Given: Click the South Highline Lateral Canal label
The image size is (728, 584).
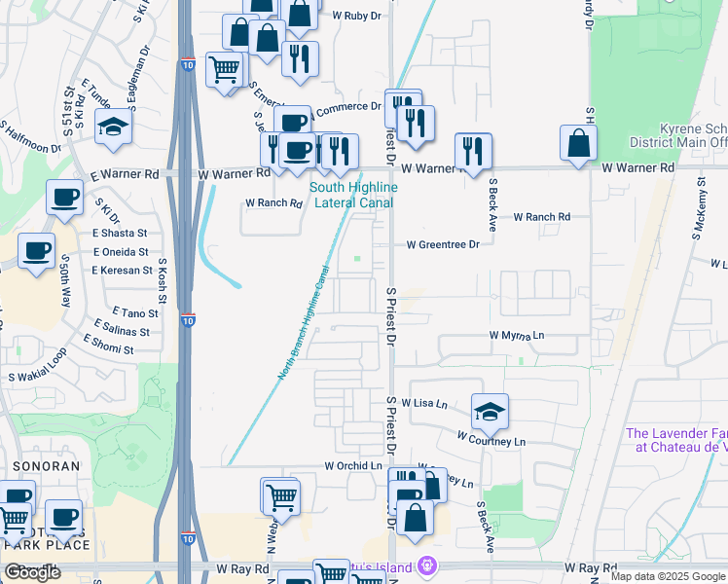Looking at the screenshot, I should point(352,195).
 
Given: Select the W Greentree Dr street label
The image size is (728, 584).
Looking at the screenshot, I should point(443,244).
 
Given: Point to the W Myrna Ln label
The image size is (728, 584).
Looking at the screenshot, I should point(516,335).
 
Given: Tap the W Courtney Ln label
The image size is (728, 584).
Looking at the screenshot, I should point(491,441).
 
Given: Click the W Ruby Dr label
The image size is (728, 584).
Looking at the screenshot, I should point(355,16).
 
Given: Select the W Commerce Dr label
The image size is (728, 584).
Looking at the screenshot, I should point(347,107).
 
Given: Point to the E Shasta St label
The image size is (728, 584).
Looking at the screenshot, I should point(120,234).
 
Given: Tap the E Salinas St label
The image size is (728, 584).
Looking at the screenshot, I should point(122,331).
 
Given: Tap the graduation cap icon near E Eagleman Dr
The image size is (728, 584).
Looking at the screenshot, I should point(114,127).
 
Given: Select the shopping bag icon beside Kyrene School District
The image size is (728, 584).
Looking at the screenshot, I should point(579,142).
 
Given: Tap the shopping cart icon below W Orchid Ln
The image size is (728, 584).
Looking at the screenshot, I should point(280,496).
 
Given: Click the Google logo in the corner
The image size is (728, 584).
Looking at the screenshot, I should point(33,572).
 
